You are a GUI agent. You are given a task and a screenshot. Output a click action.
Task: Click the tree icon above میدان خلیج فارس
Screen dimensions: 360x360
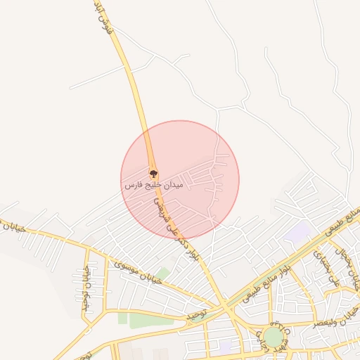point(153,173)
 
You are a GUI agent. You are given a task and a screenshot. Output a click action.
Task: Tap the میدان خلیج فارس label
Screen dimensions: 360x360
point(153,185)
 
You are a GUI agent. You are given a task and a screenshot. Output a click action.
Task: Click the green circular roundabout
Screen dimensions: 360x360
point(273,337)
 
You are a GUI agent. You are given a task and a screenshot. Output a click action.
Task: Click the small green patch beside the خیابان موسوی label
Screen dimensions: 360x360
point(163,273)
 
